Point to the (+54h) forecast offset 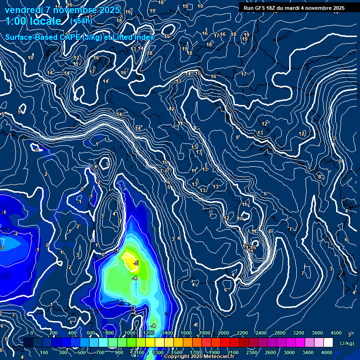coord(81,21)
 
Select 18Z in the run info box coord(275,8)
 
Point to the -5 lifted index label coord(136,263)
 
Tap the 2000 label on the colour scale coord(224,333)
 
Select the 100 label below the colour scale coord(44,352)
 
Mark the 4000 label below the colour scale coord(327,352)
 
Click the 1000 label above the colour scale coord(130,333)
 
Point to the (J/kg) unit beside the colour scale coord(347,344)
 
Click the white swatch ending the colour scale coord(328,343)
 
